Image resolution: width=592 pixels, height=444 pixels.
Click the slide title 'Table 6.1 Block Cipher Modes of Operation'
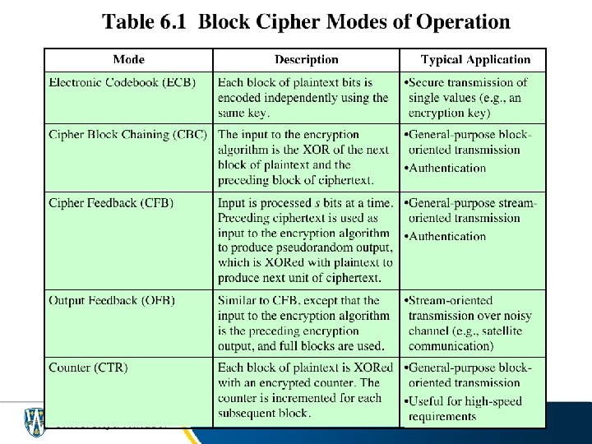[306, 21]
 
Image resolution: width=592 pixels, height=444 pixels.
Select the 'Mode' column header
[128, 59]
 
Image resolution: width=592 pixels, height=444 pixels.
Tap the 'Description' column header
[306, 59]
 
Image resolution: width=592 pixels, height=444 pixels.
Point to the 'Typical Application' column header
[475, 59]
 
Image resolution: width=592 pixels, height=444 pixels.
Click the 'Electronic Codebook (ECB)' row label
[122, 82]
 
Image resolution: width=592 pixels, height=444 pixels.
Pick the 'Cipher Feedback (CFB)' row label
[111, 202]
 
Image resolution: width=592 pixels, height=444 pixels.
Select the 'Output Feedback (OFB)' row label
[112, 300]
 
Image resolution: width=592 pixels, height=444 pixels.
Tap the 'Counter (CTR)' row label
[88, 367]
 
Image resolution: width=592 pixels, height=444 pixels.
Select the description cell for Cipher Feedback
[305, 240]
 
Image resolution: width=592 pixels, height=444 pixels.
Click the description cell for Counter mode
[305, 390]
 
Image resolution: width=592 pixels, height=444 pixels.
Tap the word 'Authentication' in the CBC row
[447, 168]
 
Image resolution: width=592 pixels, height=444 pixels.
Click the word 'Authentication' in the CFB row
[447, 236]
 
